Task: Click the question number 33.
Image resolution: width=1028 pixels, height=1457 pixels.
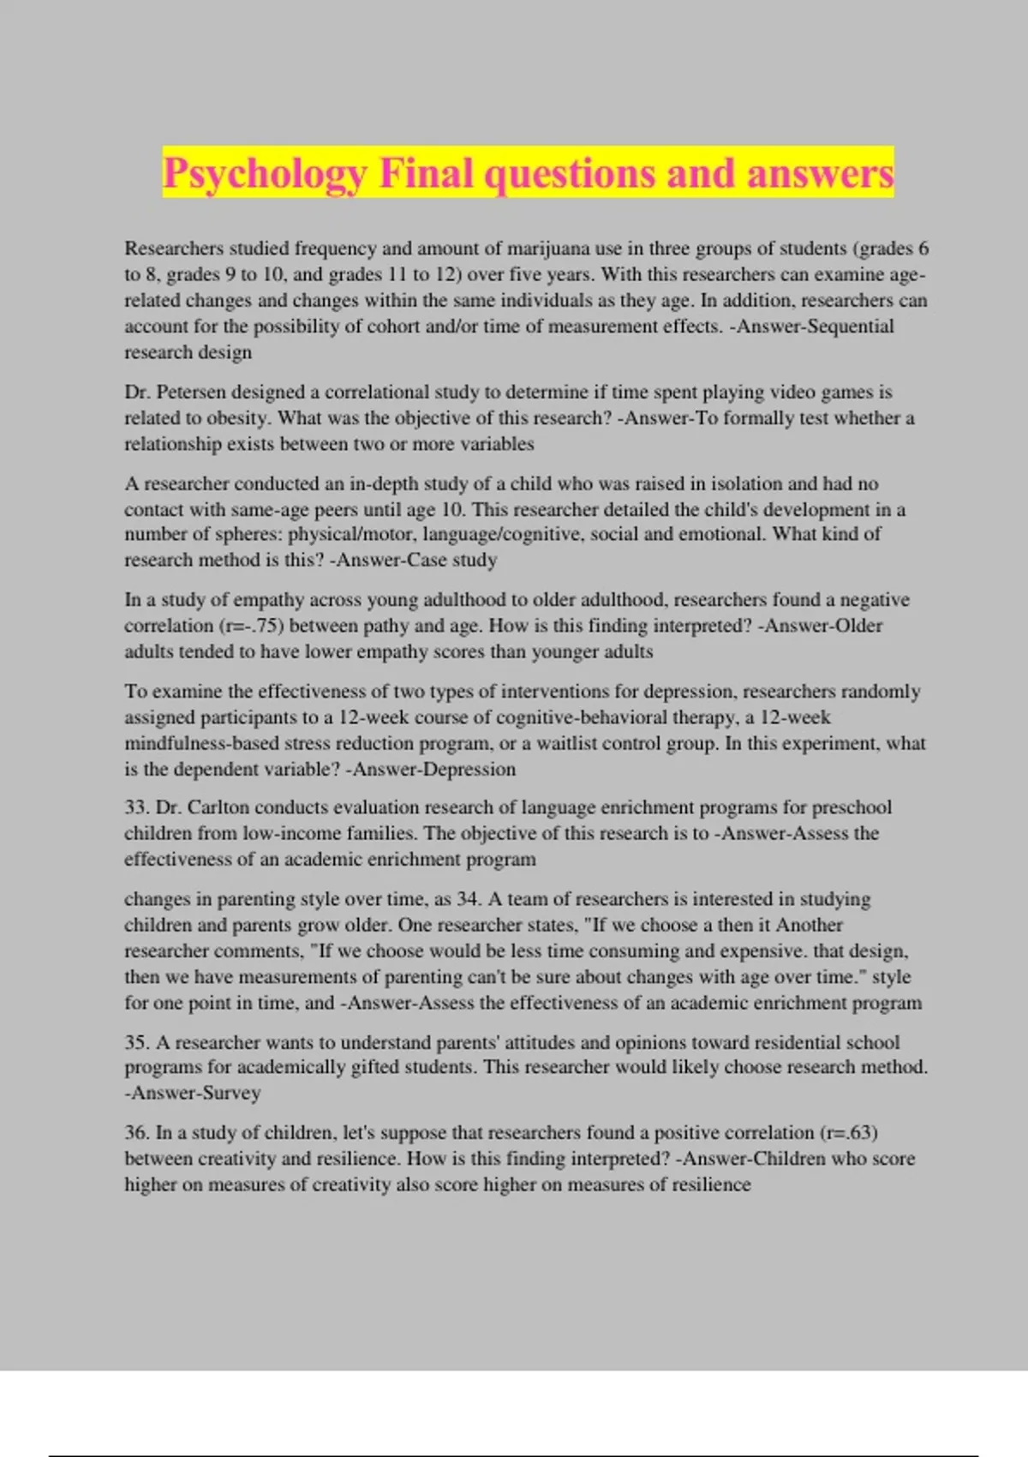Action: tap(137, 807)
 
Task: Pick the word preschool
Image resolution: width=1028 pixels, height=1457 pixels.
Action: tap(852, 807)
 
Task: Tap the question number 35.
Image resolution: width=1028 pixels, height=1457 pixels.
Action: tap(137, 1042)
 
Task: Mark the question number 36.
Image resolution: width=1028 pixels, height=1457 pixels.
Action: tap(137, 1132)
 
